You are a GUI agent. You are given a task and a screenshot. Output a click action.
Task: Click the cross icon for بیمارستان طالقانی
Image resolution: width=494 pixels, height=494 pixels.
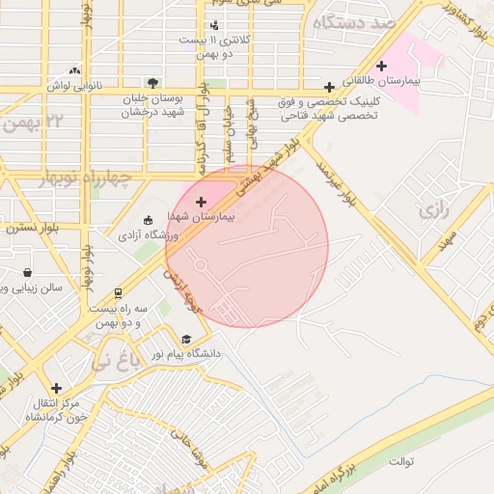382,67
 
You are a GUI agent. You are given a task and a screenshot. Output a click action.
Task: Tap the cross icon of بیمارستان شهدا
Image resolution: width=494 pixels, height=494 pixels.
201,202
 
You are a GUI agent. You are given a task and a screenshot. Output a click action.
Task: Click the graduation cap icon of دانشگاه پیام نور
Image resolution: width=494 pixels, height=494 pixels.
186,339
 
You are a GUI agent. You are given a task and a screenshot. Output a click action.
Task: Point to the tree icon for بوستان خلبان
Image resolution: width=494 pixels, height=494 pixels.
152,83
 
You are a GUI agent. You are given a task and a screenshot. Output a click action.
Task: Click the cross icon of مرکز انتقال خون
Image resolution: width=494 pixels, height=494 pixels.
56,388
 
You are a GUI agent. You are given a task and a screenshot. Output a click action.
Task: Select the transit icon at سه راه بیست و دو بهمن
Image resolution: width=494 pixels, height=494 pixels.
118,291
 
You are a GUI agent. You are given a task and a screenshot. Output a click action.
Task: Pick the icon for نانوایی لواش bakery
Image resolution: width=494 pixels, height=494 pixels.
75,70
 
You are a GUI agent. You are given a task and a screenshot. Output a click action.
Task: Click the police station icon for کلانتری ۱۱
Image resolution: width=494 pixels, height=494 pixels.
213,24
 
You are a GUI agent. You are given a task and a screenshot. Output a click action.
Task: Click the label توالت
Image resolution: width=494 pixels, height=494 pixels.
401,461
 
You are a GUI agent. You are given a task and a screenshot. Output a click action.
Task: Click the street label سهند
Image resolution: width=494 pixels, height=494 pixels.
445,241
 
